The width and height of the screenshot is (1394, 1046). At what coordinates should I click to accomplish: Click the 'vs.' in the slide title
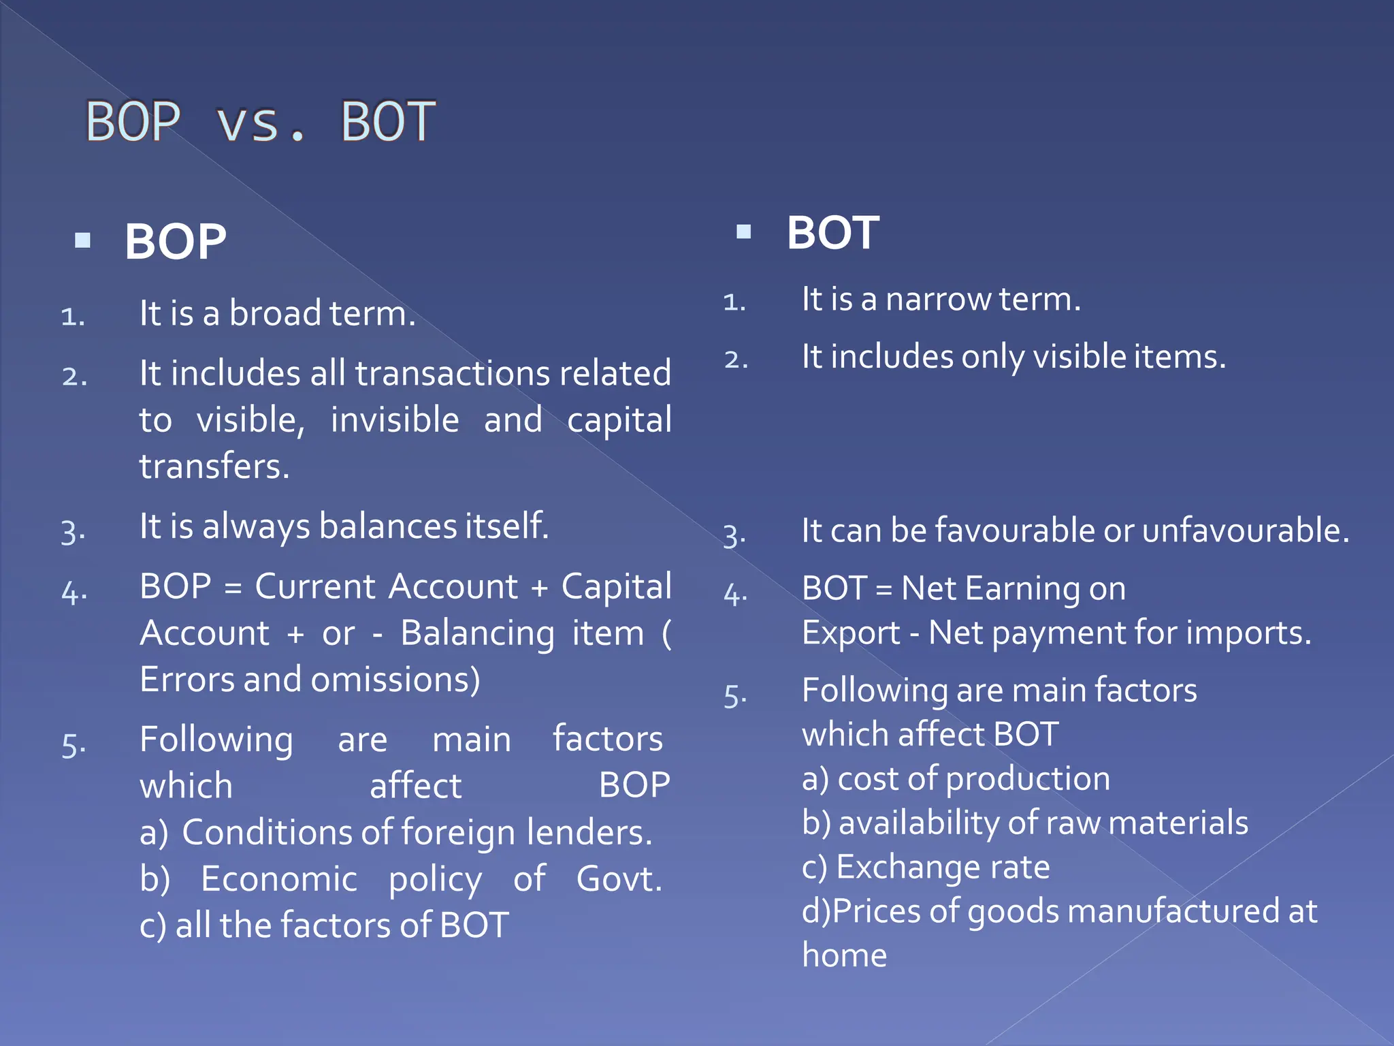click(x=260, y=123)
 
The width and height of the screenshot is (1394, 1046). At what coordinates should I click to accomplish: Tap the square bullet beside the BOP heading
click(x=83, y=240)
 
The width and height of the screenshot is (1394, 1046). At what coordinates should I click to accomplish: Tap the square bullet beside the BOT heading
click(x=744, y=232)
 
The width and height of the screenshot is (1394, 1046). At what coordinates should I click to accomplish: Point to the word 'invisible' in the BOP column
click(x=395, y=419)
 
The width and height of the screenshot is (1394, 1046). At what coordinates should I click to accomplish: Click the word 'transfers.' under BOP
click(x=214, y=466)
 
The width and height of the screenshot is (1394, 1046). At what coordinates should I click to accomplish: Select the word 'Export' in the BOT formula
click(x=851, y=633)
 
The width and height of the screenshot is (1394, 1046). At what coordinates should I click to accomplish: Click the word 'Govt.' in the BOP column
click(x=619, y=878)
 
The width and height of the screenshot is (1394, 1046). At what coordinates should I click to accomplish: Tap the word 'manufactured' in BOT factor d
click(x=1177, y=911)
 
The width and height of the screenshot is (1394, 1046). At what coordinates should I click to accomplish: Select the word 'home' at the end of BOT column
click(x=844, y=955)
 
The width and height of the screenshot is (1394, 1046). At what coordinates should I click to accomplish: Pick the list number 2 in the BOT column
click(x=735, y=359)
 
